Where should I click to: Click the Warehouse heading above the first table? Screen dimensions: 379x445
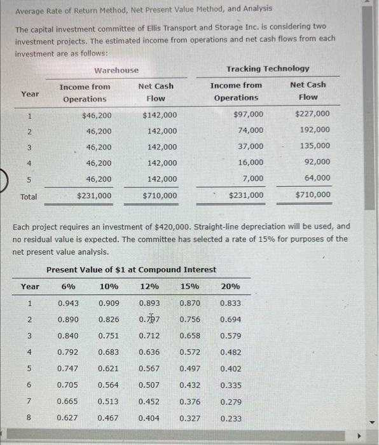pyautogui.click(x=116, y=70)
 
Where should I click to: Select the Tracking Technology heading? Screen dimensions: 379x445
pyautogui.click(x=268, y=69)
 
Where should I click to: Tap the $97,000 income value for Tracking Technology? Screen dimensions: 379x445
pyautogui.click(x=249, y=114)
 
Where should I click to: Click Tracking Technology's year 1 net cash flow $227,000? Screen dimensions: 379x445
pyautogui.click(x=312, y=114)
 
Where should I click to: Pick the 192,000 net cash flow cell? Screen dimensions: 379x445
pyautogui.click(x=315, y=130)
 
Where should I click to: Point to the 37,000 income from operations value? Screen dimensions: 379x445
pyautogui.click(x=251, y=146)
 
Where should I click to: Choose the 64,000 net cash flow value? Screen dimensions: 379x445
pyautogui.click(x=317, y=178)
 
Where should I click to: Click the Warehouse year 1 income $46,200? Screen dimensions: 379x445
pyautogui.click(x=97, y=115)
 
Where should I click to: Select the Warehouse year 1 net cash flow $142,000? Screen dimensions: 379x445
pyautogui.click(x=160, y=115)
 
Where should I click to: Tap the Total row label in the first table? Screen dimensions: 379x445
pyautogui.click(x=29, y=196)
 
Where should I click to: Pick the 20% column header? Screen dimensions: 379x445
pyautogui.click(x=230, y=286)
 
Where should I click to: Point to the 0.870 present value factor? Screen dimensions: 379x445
pyautogui.click(x=190, y=303)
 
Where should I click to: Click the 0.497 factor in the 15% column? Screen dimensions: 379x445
pyautogui.click(x=190, y=369)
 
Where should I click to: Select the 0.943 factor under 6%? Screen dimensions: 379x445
pyautogui.click(x=68, y=303)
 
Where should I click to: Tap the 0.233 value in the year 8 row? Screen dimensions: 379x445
pyautogui.click(x=231, y=418)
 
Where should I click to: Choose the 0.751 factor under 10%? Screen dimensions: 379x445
pyautogui.click(x=109, y=336)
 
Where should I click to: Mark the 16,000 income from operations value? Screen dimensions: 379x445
pyautogui.click(x=251, y=162)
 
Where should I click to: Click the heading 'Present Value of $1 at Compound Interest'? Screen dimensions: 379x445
pyautogui.click(x=131, y=270)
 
